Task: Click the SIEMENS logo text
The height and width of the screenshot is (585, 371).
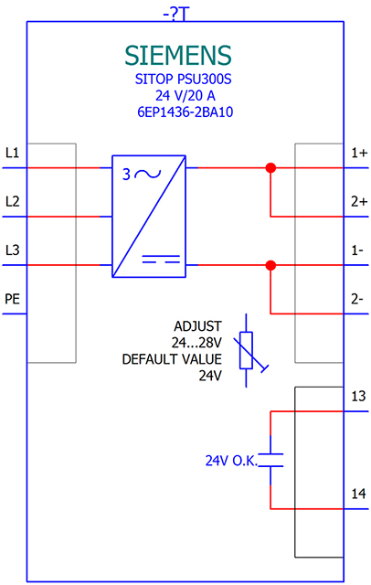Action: (x=178, y=56)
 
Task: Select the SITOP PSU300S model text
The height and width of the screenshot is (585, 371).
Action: (x=183, y=80)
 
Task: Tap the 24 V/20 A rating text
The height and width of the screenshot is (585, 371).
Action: (x=185, y=96)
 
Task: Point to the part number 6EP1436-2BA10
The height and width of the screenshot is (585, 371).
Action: (x=185, y=112)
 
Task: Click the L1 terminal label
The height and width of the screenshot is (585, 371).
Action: (x=12, y=153)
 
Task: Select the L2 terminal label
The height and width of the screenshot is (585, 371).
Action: (x=12, y=201)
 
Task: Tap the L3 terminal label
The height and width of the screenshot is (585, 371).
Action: (x=12, y=250)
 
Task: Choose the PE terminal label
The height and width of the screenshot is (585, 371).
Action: (x=12, y=299)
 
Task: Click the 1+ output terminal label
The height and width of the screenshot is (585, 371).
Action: (x=359, y=153)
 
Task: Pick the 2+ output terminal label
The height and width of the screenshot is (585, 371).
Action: (x=359, y=201)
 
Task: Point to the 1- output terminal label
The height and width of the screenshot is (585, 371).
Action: (x=357, y=250)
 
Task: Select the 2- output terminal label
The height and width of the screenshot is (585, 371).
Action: (x=357, y=299)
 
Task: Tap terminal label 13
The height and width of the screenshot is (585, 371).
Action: (x=359, y=396)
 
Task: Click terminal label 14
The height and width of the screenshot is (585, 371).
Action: (x=359, y=494)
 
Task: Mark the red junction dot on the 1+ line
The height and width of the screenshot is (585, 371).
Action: (x=270, y=168)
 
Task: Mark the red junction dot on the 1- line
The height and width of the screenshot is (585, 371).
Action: (x=270, y=266)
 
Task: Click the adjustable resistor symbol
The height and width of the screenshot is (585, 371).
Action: (x=246, y=350)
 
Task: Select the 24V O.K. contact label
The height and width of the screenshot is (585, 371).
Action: (x=231, y=461)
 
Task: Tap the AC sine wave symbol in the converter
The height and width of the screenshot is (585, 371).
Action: (x=148, y=174)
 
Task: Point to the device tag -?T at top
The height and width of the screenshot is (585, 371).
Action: (x=176, y=15)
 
